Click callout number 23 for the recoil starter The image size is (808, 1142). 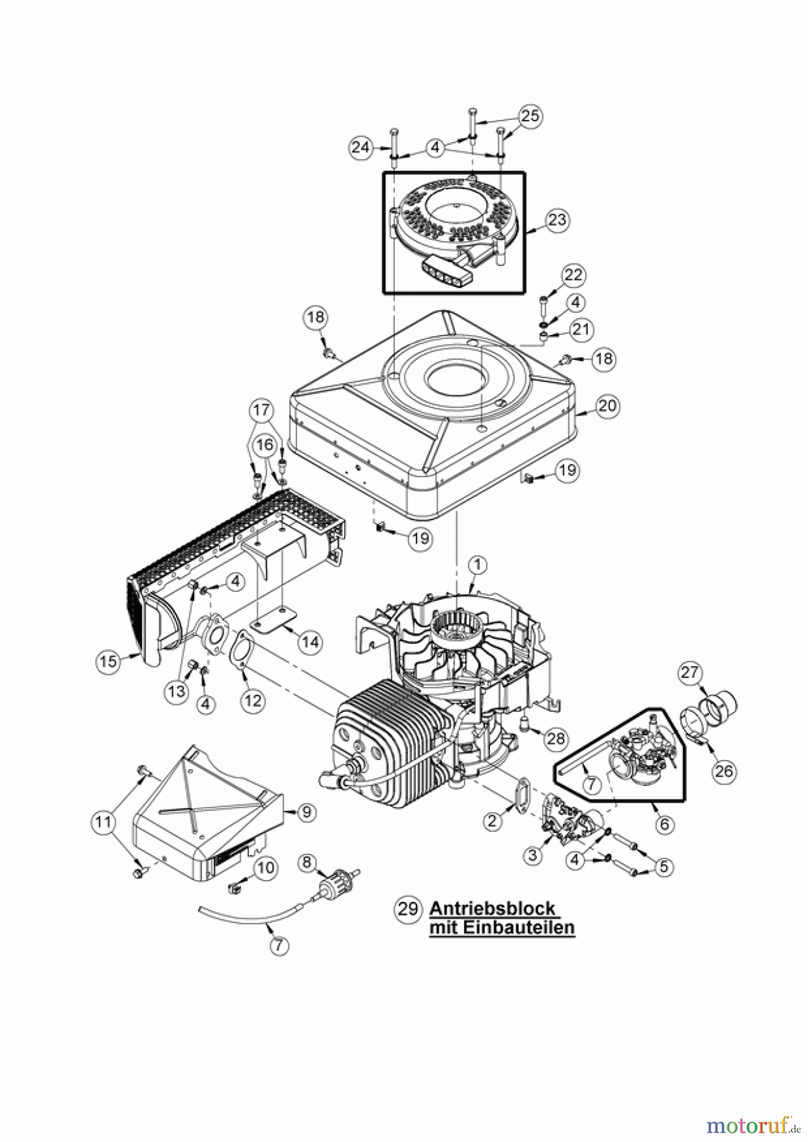[557, 220]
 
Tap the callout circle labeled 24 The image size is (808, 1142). [361, 148]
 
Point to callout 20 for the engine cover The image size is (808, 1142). [607, 405]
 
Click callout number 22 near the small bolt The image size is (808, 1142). [573, 275]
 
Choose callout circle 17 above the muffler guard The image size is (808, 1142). [262, 410]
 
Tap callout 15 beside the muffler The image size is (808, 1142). [109, 661]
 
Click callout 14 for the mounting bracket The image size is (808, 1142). [310, 642]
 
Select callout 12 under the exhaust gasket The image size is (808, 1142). [253, 700]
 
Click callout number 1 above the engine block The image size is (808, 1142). [477, 564]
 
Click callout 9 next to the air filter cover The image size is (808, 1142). [306, 811]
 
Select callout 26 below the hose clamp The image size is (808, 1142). [724, 771]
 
